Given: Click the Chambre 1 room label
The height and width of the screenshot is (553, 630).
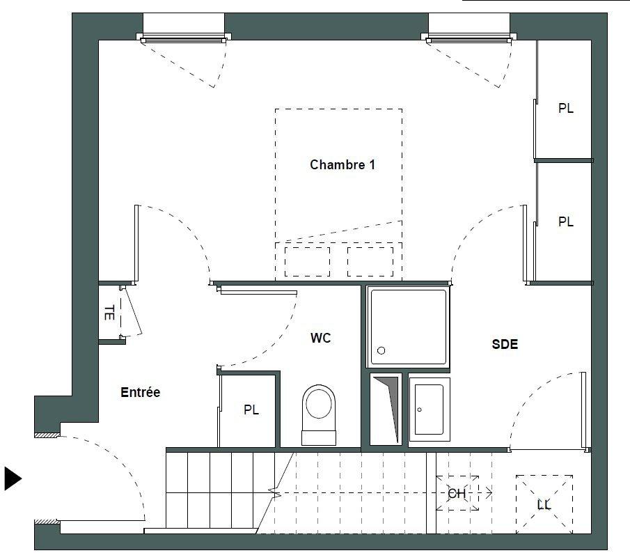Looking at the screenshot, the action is pyautogui.click(x=342, y=164).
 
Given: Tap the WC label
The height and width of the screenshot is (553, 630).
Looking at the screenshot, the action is pyautogui.click(x=321, y=338).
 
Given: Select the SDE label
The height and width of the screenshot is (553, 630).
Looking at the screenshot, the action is pyautogui.click(x=505, y=344).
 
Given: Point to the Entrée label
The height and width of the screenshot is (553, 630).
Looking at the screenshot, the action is pyautogui.click(x=140, y=392).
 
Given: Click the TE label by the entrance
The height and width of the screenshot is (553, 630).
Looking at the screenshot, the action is pyautogui.click(x=109, y=313).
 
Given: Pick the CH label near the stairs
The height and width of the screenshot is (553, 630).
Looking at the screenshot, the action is pyautogui.click(x=457, y=493).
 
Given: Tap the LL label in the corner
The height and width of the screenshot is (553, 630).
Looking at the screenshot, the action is pyautogui.click(x=544, y=504).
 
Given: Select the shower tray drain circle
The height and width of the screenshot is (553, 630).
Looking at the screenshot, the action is pyautogui.click(x=381, y=350).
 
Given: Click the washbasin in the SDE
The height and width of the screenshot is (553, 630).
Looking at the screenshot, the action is pyautogui.click(x=429, y=410).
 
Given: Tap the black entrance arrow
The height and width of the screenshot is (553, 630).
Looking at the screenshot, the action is pyautogui.click(x=13, y=478).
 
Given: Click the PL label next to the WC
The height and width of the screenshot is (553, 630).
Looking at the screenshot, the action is pyautogui.click(x=251, y=410).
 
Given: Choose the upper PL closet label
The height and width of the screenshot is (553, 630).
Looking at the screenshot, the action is pyautogui.click(x=566, y=108).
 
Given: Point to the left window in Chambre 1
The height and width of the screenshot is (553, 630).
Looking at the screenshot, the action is pyautogui.click(x=184, y=38).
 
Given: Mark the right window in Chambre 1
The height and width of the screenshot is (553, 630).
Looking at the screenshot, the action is pyautogui.click(x=469, y=38).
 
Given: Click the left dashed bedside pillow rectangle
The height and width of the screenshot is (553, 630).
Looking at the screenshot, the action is pyautogui.click(x=308, y=262).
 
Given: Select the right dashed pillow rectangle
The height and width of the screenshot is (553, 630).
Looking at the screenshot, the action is pyautogui.click(x=370, y=262).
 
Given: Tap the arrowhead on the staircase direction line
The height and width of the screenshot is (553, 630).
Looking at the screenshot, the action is pyautogui.click(x=489, y=492).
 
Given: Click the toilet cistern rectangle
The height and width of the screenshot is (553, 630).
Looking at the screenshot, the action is pyautogui.click(x=319, y=437).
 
